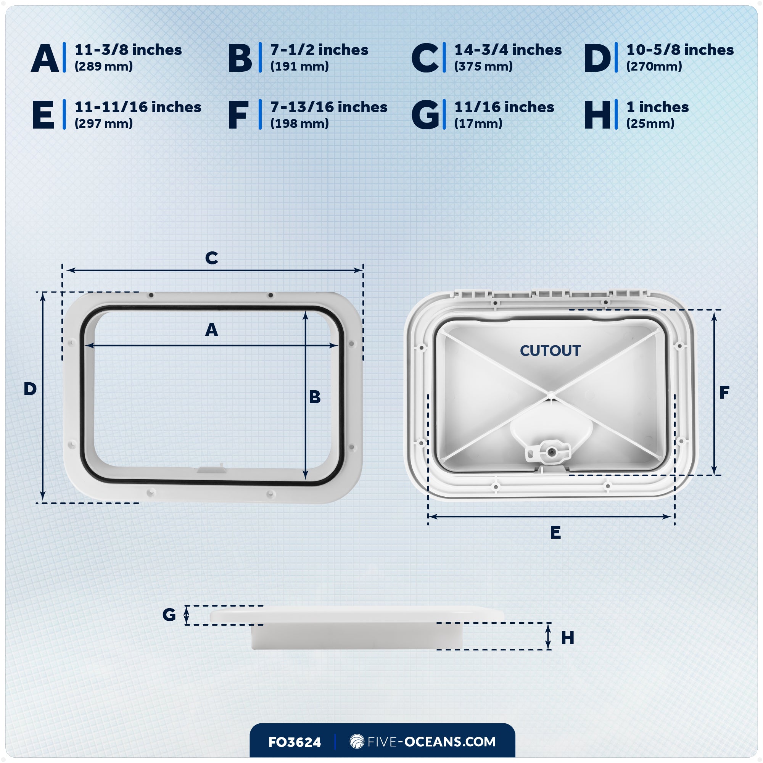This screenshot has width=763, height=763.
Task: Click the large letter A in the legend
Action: (45, 58)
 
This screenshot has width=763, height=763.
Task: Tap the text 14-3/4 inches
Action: (507, 50)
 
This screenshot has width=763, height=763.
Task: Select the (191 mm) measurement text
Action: (299, 66)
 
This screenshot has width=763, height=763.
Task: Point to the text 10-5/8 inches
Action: (680, 50)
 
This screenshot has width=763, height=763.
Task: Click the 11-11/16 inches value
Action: (138, 108)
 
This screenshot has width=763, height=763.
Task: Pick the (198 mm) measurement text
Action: (299, 124)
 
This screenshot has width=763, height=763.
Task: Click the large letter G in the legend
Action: (425, 115)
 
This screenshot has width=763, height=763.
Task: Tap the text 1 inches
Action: (657, 108)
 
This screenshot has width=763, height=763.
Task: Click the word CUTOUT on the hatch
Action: (550, 351)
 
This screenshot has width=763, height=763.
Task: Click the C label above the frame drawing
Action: (211, 258)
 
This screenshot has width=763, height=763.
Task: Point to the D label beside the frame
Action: (30, 390)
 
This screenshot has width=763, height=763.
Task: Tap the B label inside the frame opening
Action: (315, 397)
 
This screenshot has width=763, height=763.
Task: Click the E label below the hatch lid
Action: (555, 533)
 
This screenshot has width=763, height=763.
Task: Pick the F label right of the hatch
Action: (724, 393)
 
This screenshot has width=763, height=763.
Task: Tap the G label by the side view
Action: (169, 615)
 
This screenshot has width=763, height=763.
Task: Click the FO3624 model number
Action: (294, 742)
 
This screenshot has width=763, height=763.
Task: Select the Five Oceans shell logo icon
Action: (357, 741)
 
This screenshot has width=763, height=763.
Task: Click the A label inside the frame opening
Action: (211, 330)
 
